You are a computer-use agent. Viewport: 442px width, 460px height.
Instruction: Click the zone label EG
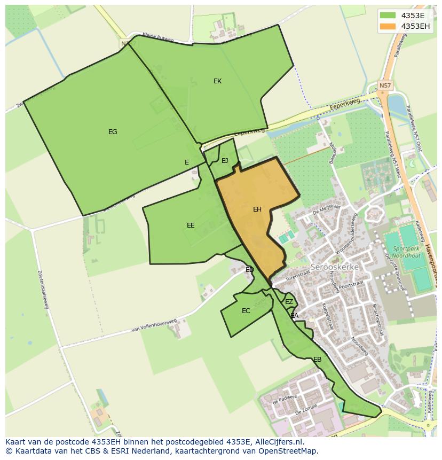(x=113, y=132)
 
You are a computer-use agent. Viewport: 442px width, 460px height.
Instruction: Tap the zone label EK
(x=217, y=81)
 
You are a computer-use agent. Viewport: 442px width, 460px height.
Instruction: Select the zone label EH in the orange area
(x=257, y=209)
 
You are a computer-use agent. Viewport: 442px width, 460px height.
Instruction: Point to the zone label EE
(x=191, y=225)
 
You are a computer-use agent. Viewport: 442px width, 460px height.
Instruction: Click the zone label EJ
(x=225, y=161)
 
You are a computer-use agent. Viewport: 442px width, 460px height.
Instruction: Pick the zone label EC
(x=246, y=311)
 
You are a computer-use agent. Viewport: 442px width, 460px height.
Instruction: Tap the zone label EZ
(x=289, y=302)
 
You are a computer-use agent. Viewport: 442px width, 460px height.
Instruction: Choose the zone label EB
(x=317, y=360)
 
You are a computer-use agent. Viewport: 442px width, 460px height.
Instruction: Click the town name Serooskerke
(x=335, y=267)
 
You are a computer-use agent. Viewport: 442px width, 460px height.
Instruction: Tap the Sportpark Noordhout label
(x=407, y=252)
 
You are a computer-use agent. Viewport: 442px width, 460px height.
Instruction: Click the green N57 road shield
(x=385, y=85)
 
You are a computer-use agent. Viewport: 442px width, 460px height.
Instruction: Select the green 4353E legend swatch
(x=388, y=15)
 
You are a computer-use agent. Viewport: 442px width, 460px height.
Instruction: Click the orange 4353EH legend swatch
(x=388, y=26)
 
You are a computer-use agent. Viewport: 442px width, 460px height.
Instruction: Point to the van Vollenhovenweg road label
(x=154, y=326)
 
